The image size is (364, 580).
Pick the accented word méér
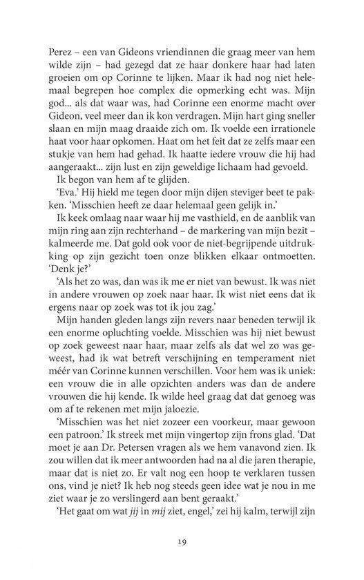coord(63,413)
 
